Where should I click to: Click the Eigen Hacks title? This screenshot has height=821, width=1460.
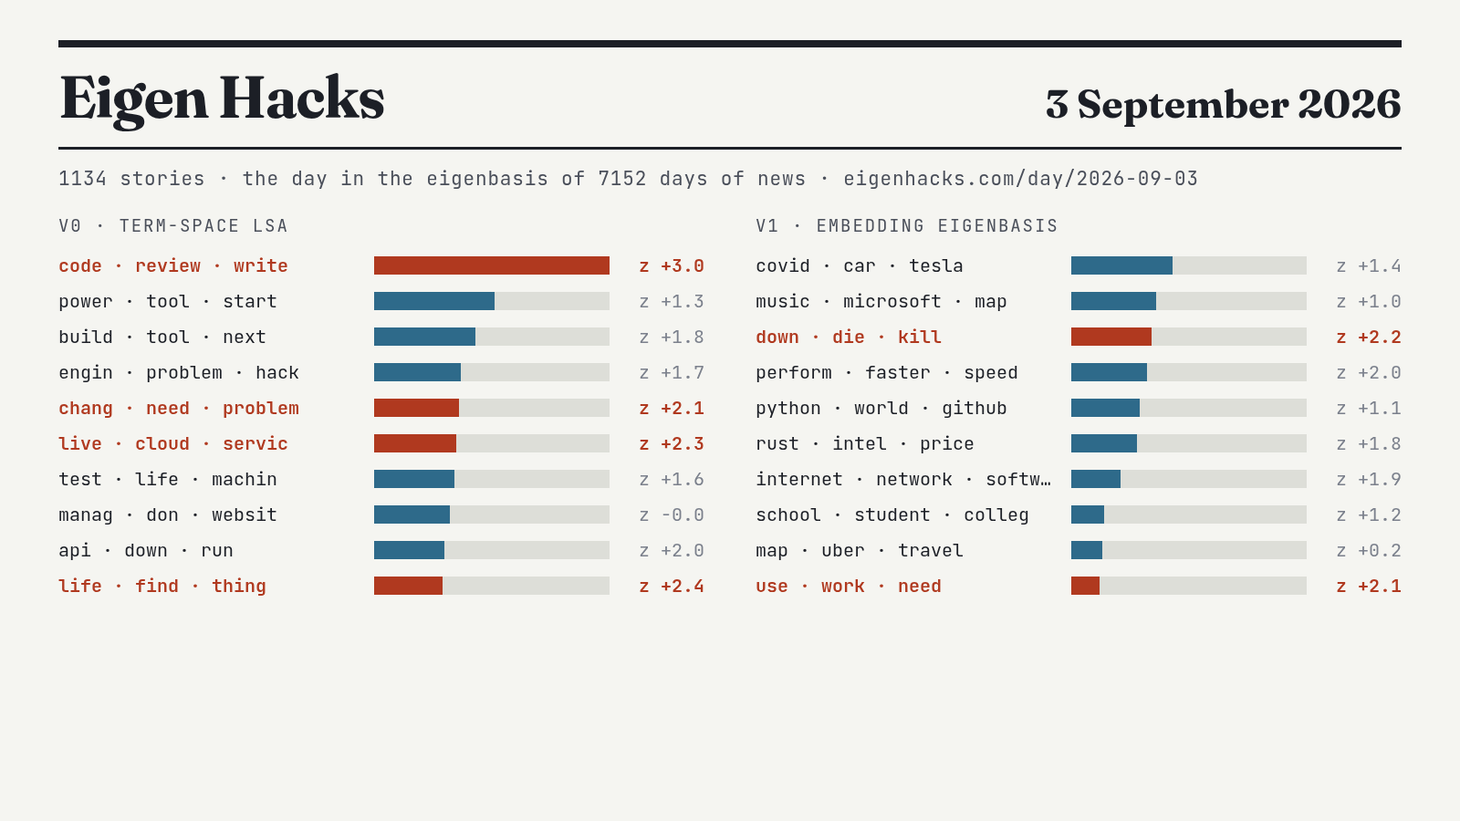pyautogui.click(x=222, y=99)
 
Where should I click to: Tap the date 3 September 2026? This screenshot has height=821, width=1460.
pyautogui.click(x=1224, y=104)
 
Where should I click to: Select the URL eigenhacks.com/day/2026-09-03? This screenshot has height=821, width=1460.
pyautogui.click(x=1021, y=179)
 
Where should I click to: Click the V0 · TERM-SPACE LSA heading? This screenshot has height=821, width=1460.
pyautogui.click(x=173, y=226)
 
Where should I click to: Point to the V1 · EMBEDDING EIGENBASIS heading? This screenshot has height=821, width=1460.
pyautogui.click(x=907, y=226)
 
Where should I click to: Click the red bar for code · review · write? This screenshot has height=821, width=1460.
pyautogui.click(x=492, y=265)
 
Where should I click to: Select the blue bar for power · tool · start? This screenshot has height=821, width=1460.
pyautogui.click(x=434, y=301)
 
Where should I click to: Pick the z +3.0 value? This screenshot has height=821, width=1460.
pyautogui.click(x=672, y=265)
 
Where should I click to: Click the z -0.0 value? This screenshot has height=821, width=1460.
pyautogui.click(x=672, y=514)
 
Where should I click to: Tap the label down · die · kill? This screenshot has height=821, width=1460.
pyautogui.click(x=849, y=337)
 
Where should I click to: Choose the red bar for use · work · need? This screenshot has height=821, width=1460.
pyautogui.click(x=1085, y=586)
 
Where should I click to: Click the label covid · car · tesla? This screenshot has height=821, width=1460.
pyautogui.click(x=859, y=265)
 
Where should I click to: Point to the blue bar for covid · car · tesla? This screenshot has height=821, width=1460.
pyautogui.click(x=1121, y=265)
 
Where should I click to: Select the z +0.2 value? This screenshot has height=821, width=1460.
pyautogui.click(x=1369, y=551)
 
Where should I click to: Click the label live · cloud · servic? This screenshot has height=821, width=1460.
pyautogui.click(x=173, y=443)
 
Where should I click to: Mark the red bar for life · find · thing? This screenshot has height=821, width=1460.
pyautogui.click(x=408, y=586)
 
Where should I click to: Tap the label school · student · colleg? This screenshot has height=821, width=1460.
pyautogui.click(x=892, y=514)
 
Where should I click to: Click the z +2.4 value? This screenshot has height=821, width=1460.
pyautogui.click(x=672, y=587)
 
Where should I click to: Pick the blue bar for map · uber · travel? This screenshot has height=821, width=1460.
pyautogui.click(x=1087, y=550)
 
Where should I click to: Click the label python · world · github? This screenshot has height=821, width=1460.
pyautogui.click(x=881, y=409)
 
